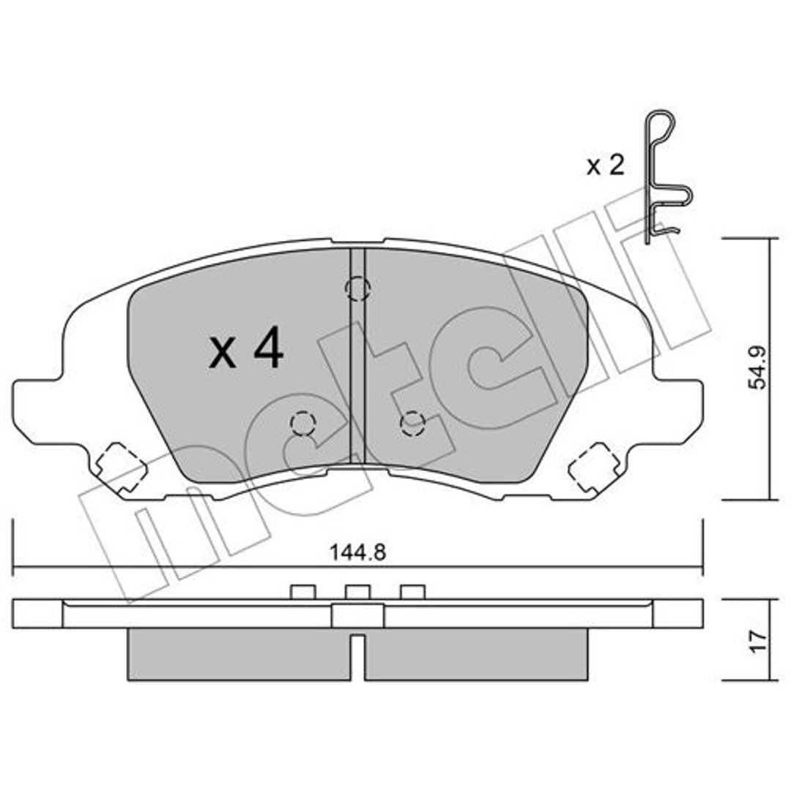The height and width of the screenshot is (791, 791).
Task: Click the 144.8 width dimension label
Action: point(357,552)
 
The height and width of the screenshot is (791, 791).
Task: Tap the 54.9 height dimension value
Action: point(757,368)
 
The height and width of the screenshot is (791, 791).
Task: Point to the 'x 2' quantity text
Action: point(606,165)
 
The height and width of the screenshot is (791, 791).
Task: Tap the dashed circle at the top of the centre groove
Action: point(357,289)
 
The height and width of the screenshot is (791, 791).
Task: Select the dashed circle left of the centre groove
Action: point(303,423)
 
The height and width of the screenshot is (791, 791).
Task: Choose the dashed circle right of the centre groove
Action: point(412,424)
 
